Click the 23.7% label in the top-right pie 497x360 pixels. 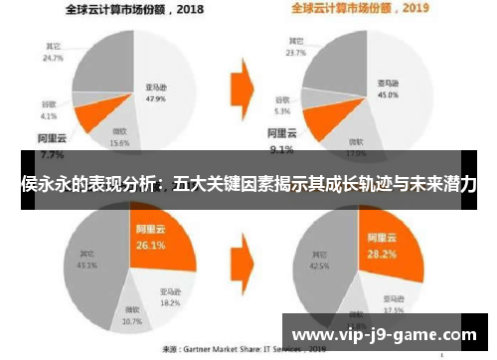pyautogui.click(x=294, y=52)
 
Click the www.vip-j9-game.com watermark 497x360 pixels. pyautogui.click(x=387, y=332)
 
